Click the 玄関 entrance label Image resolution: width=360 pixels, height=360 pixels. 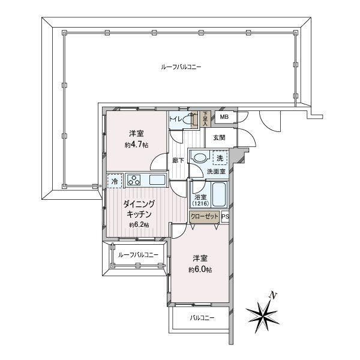(x=219, y=138)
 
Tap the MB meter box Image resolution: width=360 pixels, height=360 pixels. (x=225, y=117)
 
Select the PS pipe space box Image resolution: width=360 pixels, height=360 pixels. (x=225, y=217)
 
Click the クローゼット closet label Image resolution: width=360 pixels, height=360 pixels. (x=205, y=217)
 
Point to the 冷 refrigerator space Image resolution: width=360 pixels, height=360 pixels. (x=115, y=181)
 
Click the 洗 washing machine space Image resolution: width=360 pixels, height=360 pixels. (x=220, y=158)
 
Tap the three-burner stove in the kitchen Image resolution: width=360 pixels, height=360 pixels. (x=134, y=180)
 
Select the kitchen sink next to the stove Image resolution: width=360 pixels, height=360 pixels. (x=157, y=180)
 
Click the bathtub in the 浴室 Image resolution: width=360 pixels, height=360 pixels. (x=220, y=194)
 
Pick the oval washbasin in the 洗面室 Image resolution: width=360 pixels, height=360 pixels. (x=200, y=158)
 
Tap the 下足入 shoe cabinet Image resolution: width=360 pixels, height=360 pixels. (x=205, y=119)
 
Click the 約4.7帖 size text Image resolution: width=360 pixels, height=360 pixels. (x=136, y=145)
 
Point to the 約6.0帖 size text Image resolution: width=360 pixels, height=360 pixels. (x=200, y=269)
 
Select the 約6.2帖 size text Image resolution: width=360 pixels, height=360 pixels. (x=139, y=225)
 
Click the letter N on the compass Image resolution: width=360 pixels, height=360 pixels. (x=273, y=295)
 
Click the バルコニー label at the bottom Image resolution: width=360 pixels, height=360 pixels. (x=202, y=318)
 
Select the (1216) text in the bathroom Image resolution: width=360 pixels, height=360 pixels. (x=200, y=203)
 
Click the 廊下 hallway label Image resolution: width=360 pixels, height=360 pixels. (x=178, y=160)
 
